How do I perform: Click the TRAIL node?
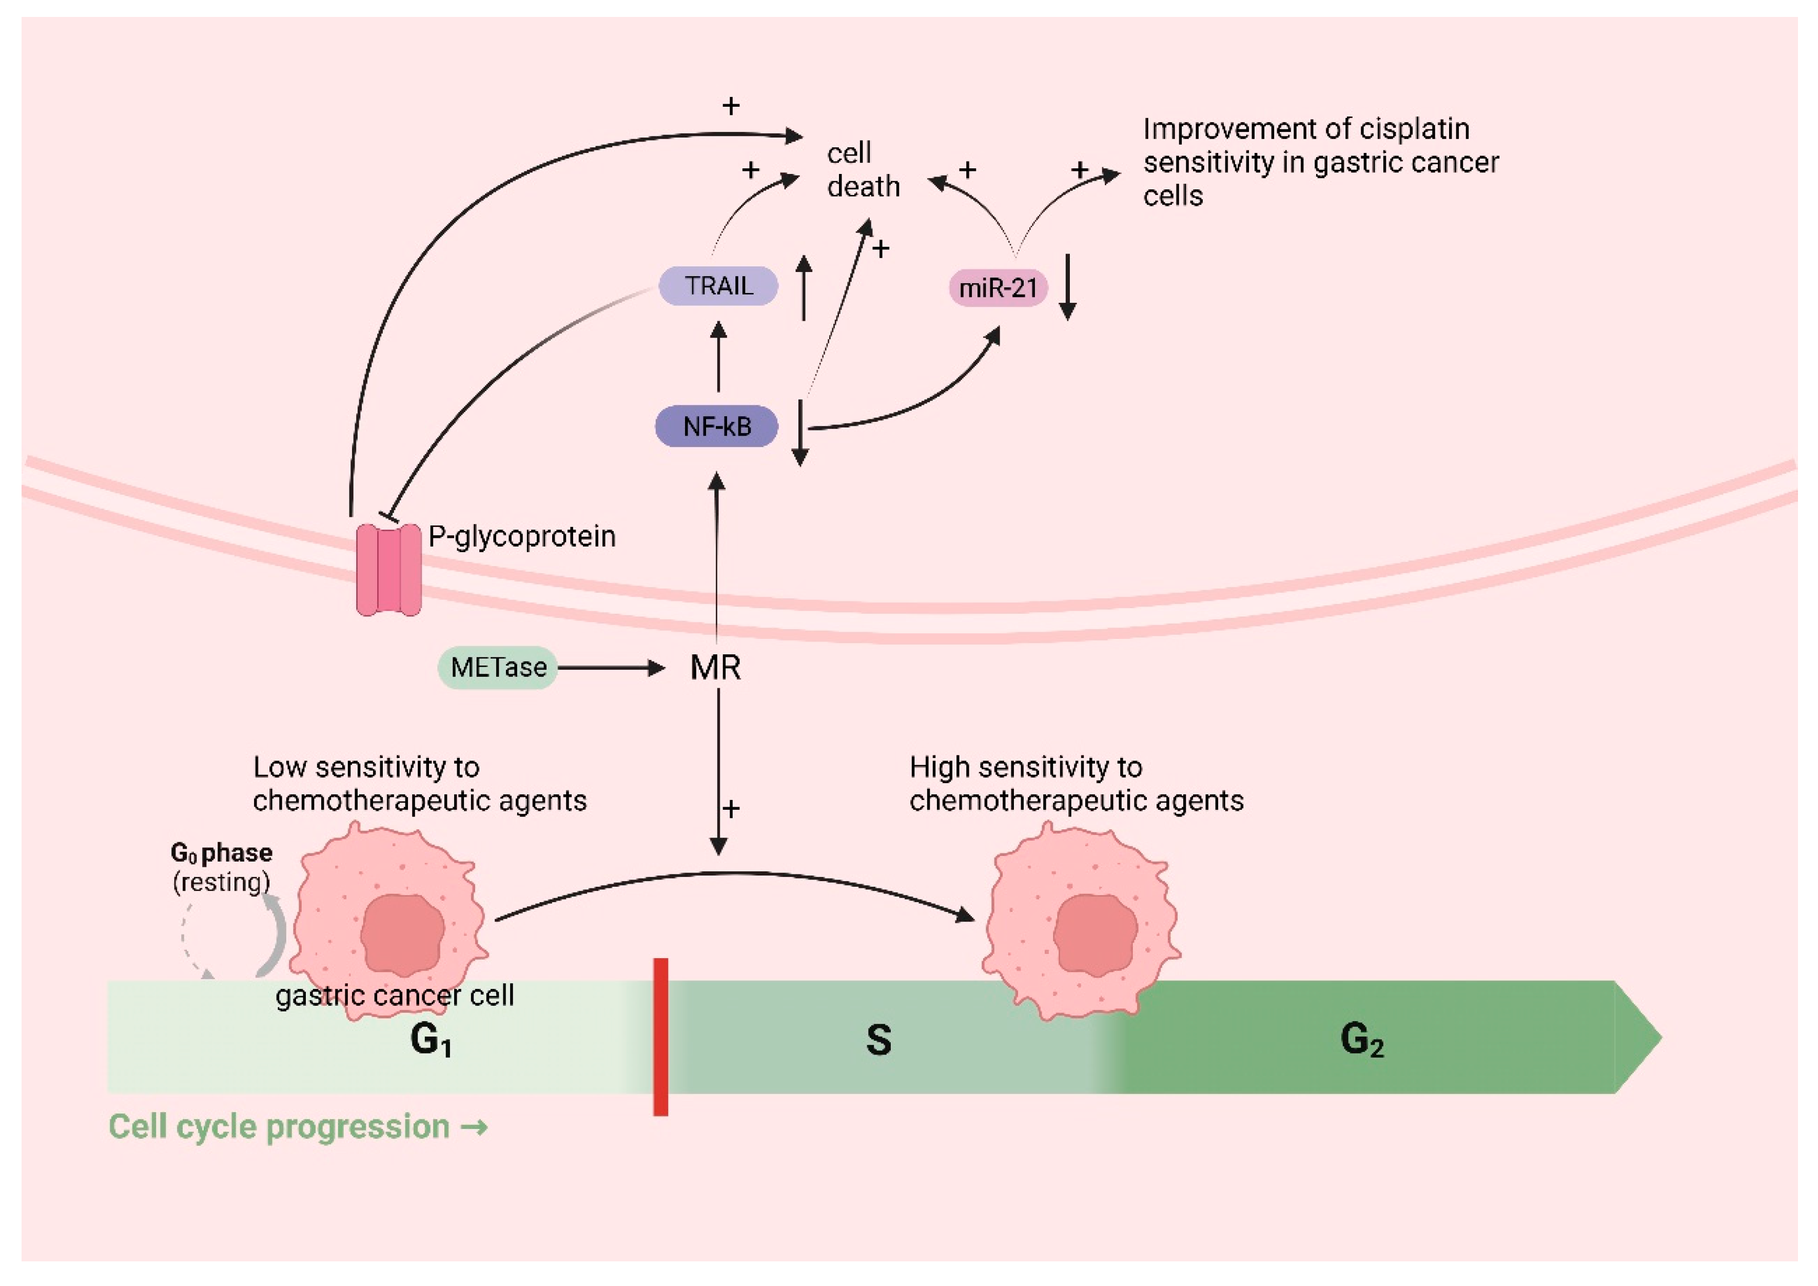pyautogui.click(x=718, y=286)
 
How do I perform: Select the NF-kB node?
pyautogui.click(x=717, y=427)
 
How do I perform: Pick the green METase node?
pyautogui.click(x=498, y=668)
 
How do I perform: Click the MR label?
pyautogui.click(x=716, y=668)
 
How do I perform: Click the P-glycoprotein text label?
pyautogui.click(x=522, y=537)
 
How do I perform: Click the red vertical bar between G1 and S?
pyautogui.click(x=660, y=1037)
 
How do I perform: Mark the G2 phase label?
pyautogui.click(x=1362, y=1040)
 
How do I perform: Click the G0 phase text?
pyautogui.click(x=222, y=853)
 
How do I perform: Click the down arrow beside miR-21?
pyautogui.click(x=1067, y=287)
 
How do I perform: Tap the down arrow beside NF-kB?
pyautogui.click(x=800, y=433)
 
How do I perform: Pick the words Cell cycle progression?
pyautogui.click(x=279, y=1126)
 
